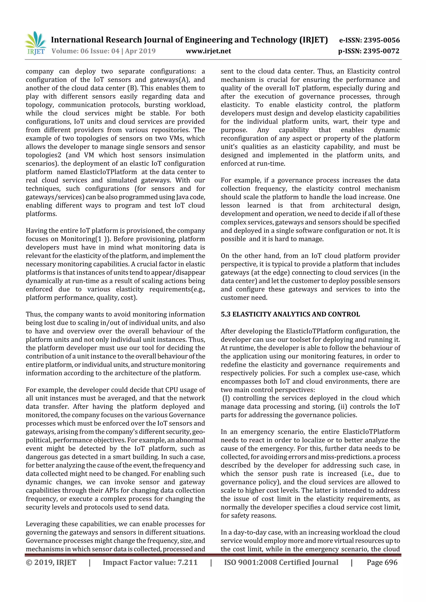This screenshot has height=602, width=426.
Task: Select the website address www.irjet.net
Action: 208,51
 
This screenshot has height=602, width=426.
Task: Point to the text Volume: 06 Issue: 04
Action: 85,51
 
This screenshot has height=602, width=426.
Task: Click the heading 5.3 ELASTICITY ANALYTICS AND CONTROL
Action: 290,314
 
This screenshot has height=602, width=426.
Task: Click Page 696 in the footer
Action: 382,562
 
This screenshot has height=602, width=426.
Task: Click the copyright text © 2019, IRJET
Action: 51,562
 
